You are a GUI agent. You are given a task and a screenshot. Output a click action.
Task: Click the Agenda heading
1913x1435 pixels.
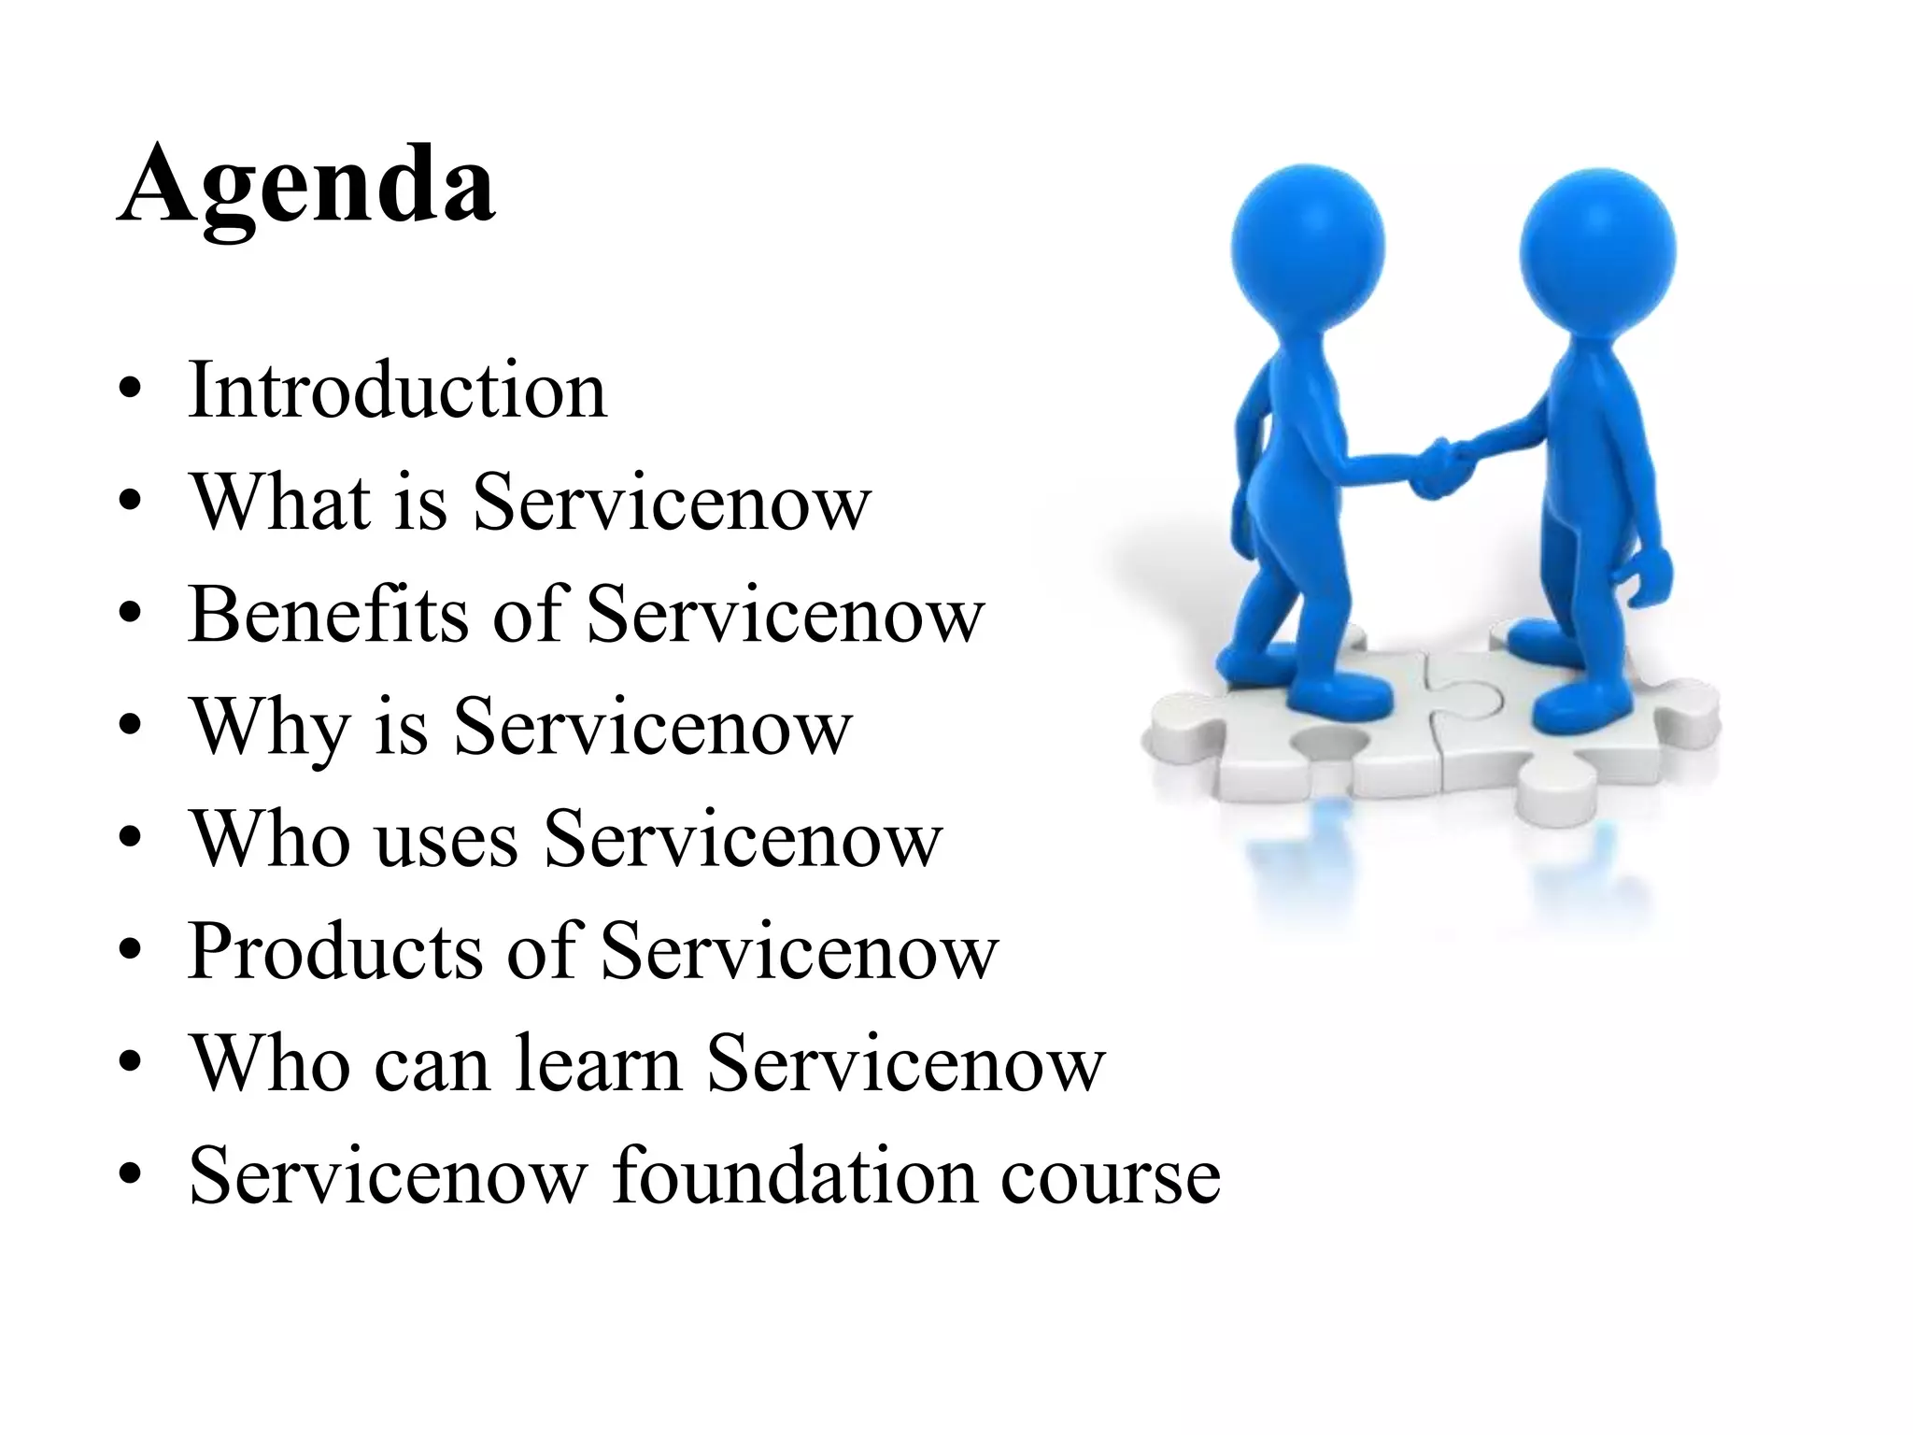307,184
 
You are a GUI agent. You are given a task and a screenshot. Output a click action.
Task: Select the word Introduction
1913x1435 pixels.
398,390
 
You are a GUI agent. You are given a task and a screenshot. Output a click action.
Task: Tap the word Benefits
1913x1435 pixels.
328,614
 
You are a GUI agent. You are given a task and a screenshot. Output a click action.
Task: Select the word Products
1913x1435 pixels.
335,951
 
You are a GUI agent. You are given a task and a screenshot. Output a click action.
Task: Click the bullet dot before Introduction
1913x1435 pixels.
131,390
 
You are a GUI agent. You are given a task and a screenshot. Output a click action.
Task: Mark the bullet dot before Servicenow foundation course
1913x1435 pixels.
131,1174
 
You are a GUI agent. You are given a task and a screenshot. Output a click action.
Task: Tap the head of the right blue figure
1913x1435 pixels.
1597,249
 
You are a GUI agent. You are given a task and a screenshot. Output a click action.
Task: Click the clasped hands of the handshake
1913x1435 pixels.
1438,467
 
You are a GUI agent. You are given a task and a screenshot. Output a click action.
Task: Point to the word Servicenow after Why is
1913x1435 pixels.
652,728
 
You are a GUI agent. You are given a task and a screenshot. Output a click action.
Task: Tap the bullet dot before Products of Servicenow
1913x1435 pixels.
131,951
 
